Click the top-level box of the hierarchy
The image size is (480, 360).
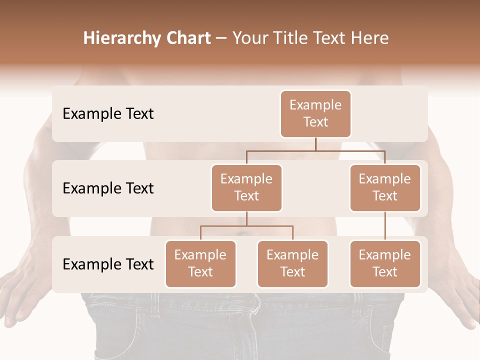point(315,114)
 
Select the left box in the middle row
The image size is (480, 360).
point(246,188)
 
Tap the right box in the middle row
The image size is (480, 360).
point(385,188)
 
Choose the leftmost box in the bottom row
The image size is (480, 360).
point(200,264)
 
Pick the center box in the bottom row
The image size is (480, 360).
point(292,264)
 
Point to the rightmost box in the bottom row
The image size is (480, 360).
point(385,264)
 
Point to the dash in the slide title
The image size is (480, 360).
point(221,38)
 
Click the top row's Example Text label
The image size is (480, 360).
point(108,114)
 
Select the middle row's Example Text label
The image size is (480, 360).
point(108,188)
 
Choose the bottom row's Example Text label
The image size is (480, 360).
point(108,264)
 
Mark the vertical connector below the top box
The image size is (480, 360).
point(315,144)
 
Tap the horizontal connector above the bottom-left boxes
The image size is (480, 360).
point(246,226)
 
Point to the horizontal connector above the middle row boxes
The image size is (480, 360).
point(315,151)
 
